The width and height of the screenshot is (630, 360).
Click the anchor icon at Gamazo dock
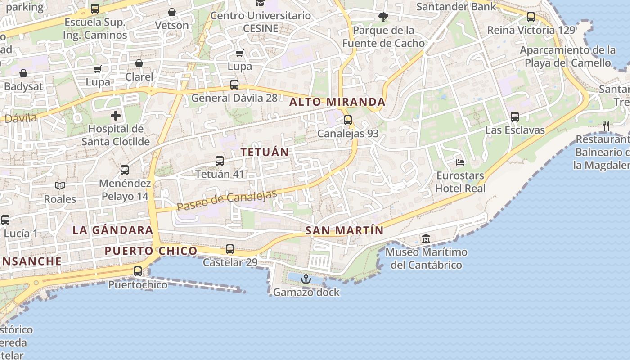click(x=306, y=279)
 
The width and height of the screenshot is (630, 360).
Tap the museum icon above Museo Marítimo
click(x=426, y=238)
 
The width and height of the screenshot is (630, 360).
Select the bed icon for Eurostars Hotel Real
click(x=460, y=162)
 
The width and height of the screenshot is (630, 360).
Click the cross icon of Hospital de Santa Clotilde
click(x=116, y=116)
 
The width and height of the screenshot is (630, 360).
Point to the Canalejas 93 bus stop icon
click(x=347, y=120)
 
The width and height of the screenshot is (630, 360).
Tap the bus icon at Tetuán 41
click(x=219, y=161)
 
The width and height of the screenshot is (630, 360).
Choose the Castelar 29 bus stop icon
click(x=229, y=249)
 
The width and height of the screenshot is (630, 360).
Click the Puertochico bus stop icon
click(x=138, y=271)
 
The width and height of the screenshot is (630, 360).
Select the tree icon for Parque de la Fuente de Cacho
click(x=383, y=17)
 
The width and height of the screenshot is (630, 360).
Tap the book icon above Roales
click(x=59, y=185)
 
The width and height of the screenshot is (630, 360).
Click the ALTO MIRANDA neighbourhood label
click(x=337, y=102)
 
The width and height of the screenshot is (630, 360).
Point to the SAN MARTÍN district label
click(x=344, y=231)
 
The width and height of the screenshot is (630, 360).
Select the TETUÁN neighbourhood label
click(x=265, y=152)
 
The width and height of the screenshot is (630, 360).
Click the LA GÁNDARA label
click(x=113, y=230)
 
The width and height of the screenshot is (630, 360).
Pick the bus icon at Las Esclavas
click(x=515, y=117)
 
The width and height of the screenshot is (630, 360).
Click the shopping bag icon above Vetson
click(x=171, y=12)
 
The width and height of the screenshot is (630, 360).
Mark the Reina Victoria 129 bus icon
click(x=531, y=17)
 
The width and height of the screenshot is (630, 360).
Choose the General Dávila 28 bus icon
click(x=234, y=84)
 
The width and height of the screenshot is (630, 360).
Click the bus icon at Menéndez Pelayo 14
click(x=124, y=170)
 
